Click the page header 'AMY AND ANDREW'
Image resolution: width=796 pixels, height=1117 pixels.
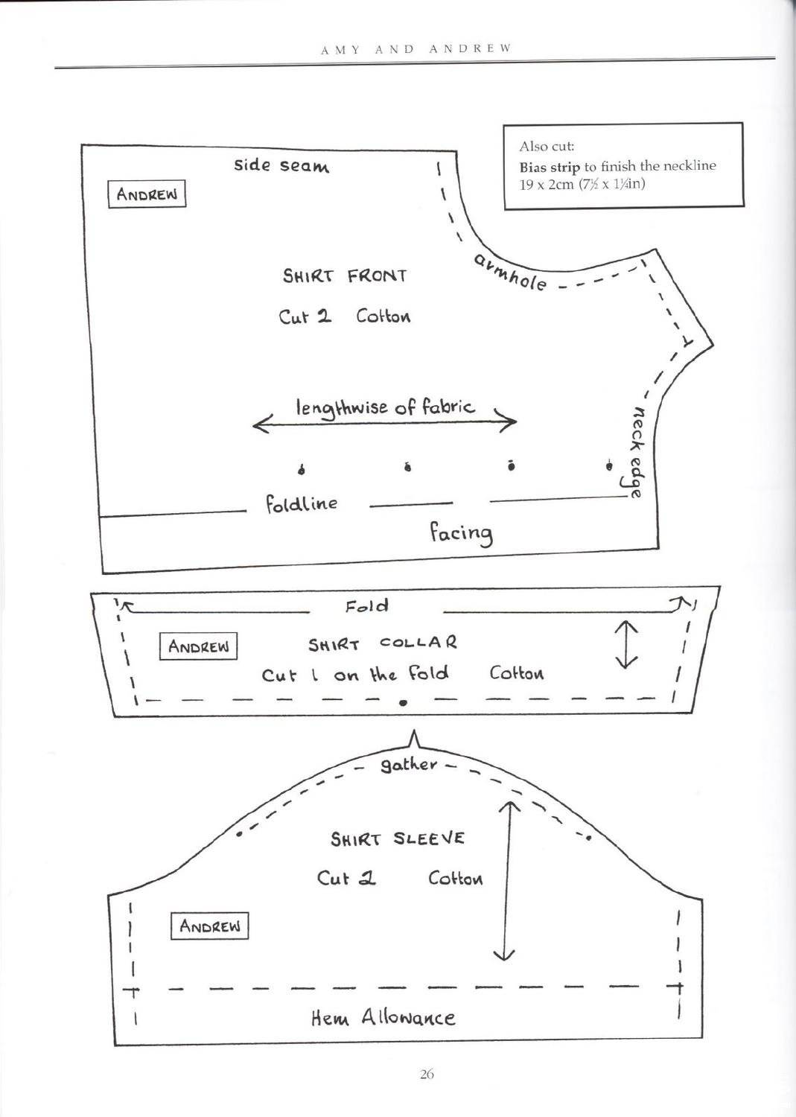click(x=416, y=49)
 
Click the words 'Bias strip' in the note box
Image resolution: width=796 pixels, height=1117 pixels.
click(x=550, y=167)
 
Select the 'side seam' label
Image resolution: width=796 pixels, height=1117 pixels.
click(x=281, y=165)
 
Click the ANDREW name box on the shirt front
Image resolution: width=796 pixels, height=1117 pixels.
click(x=147, y=194)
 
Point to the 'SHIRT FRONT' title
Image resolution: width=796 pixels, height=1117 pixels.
click(x=345, y=276)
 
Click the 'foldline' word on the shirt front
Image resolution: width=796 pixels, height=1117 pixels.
click(x=301, y=503)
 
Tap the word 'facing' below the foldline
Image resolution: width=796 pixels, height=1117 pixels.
click(x=462, y=533)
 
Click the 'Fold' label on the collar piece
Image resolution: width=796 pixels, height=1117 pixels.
click(x=366, y=606)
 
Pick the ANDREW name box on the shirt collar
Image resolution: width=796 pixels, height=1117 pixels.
click(x=198, y=646)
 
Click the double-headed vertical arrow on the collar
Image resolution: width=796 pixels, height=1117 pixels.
click(x=626, y=644)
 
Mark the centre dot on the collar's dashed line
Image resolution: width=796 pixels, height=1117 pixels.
click(x=403, y=703)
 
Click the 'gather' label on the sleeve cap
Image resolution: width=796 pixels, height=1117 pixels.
click(x=409, y=765)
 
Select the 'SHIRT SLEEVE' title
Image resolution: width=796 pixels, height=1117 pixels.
click(x=397, y=838)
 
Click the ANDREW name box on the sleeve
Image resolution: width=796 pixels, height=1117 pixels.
click(x=209, y=926)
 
